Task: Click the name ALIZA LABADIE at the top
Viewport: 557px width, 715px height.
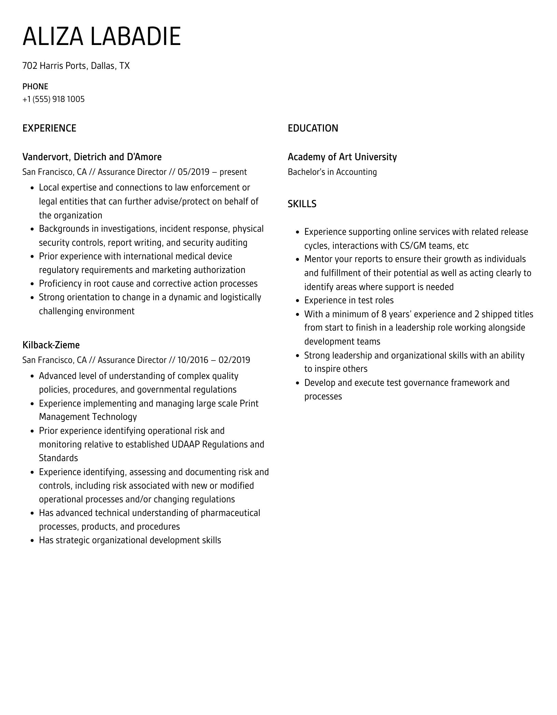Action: click(x=102, y=36)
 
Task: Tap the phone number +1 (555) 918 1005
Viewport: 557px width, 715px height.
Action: click(x=54, y=99)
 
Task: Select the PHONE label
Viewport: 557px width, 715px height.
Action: click(x=35, y=86)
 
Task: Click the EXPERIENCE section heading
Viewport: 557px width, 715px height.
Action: click(x=49, y=128)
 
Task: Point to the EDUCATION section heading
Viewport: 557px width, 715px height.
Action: click(x=313, y=128)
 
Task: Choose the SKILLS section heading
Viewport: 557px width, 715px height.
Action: click(x=302, y=204)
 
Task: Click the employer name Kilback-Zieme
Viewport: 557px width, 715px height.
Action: click(x=51, y=345)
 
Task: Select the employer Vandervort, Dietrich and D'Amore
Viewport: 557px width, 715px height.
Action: click(x=92, y=157)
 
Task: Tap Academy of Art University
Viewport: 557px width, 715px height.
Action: click(x=342, y=157)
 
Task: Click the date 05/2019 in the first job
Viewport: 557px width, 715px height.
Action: click(x=194, y=172)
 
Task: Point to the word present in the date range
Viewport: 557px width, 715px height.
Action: click(x=233, y=172)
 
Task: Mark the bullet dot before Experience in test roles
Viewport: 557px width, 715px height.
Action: click(x=297, y=301)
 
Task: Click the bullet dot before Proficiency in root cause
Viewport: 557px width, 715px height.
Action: click(x=32, y=284)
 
